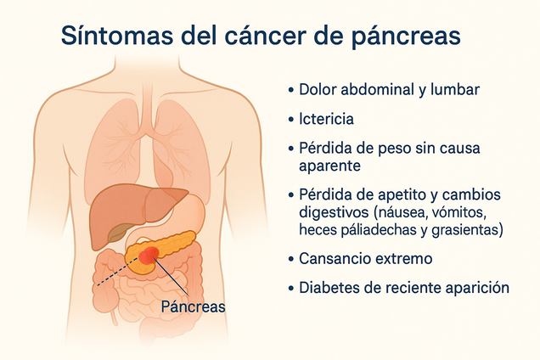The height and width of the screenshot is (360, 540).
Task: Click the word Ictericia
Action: click(327, 119)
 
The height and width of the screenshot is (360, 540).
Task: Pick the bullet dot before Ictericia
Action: click(291, 119)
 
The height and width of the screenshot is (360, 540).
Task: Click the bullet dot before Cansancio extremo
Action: click(291, 258)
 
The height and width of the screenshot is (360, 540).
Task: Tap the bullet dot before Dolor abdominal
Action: click(291, 89)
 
